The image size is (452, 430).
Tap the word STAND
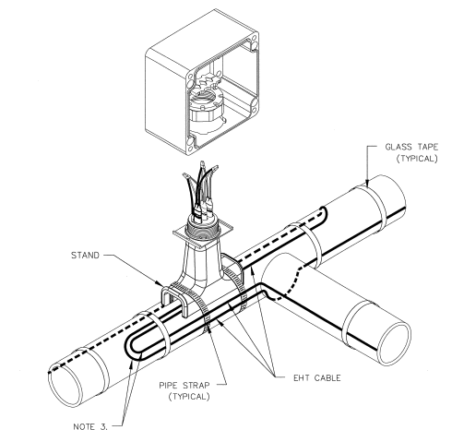click(x=85, y=256)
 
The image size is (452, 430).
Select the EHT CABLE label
click(x=317, y=377)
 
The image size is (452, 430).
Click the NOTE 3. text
click(x=90, y=426)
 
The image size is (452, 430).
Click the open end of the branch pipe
click(x=396, y=343)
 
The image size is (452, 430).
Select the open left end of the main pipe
click(x=65, y=385)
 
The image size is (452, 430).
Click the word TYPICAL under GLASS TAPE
click(x=417, y=159)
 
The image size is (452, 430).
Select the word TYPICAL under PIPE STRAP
click(x=189, y=396)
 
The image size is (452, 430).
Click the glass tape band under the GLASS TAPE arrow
click(x=372, y=209)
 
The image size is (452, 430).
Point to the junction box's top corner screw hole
click(x=254, y=39)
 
